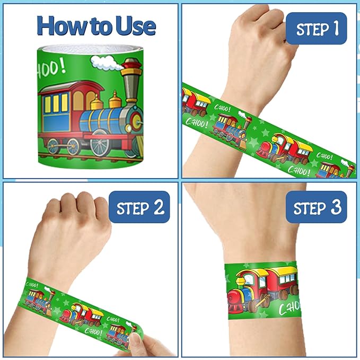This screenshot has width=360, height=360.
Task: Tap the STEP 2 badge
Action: [x=139, y=208]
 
